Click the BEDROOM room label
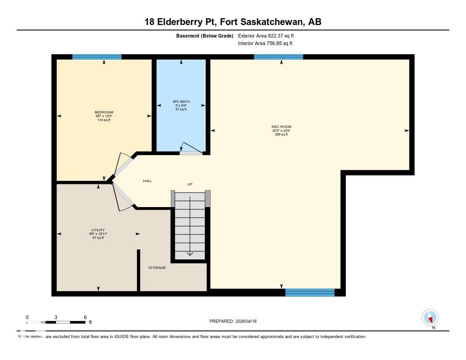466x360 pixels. [104, 112]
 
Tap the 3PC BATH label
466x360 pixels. [181, 101]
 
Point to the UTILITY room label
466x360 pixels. [98, 230]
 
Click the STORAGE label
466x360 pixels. [157, 268]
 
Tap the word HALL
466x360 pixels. [147, 181]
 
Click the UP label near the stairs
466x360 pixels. [190, 184]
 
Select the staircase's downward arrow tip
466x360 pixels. [190, 255]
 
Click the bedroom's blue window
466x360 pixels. [97, 57]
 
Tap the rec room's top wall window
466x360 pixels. [278, 57]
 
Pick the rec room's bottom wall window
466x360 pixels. [309, 293]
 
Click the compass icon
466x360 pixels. [430, 318]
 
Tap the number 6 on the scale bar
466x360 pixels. [85, 317]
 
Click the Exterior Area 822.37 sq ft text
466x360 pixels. [269, 35]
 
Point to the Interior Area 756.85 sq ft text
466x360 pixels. [265, 44]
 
